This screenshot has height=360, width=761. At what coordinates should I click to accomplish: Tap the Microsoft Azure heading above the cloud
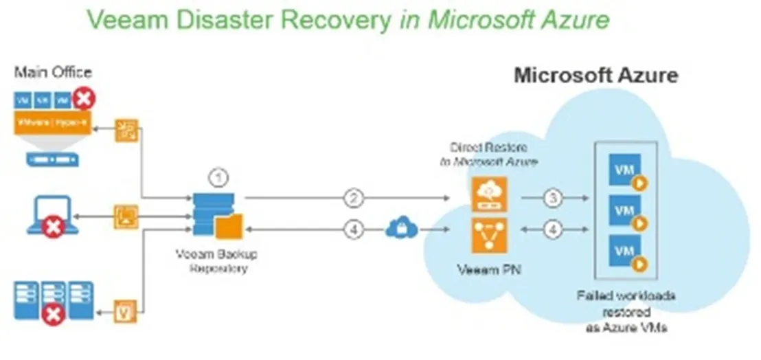[x=595, y=76]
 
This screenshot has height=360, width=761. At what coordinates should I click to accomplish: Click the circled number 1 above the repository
[x=218, y=179]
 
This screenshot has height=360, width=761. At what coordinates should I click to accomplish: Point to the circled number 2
[x=353, y=199]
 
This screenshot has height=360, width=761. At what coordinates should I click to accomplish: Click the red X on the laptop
[x=53, y=228]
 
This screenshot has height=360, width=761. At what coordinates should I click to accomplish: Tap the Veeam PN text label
[x=488, y=269]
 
